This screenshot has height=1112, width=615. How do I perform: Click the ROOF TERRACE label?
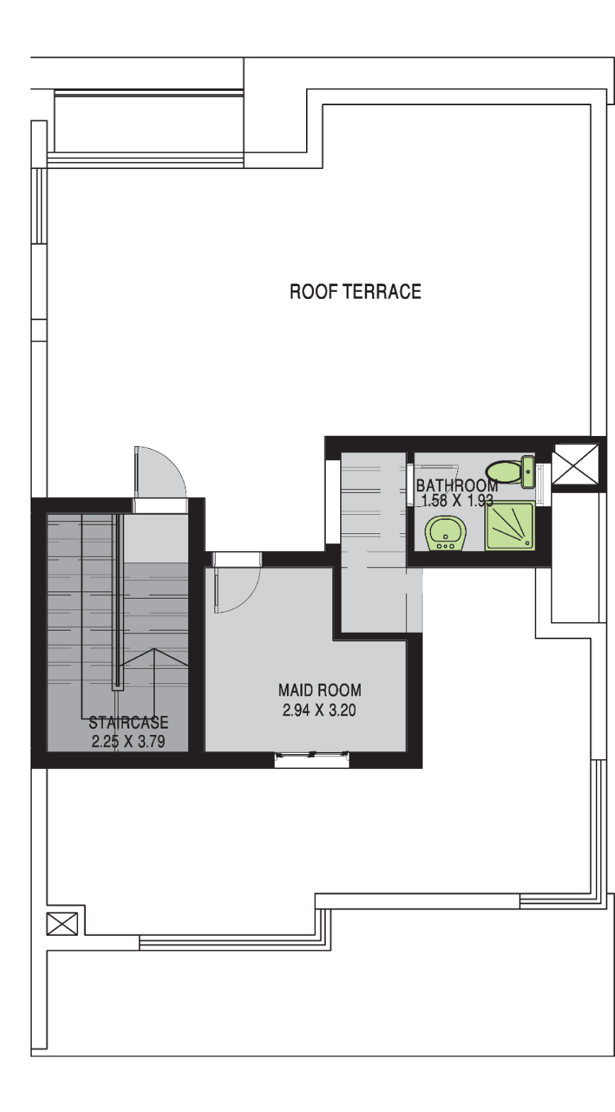[355, 291]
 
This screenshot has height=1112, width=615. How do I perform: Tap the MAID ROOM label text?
[320, 690]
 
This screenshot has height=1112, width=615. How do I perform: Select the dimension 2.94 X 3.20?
[319, 710]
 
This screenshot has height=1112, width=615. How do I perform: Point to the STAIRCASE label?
[129, 722]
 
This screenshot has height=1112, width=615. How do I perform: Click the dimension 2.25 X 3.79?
[128, 741]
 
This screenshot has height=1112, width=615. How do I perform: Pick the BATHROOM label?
[457, 486]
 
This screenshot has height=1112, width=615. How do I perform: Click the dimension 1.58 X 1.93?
[457, 501]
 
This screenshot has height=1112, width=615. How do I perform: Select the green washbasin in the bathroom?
[445, 534]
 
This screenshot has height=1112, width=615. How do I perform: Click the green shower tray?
[510, 525]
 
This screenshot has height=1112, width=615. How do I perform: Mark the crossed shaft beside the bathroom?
[576, 464]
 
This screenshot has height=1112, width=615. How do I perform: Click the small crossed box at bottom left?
[62, 924]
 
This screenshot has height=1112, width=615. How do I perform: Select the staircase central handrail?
[118, 601]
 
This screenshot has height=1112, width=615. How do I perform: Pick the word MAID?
[295, 690]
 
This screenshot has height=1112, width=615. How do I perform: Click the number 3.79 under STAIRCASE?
[151, 741]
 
